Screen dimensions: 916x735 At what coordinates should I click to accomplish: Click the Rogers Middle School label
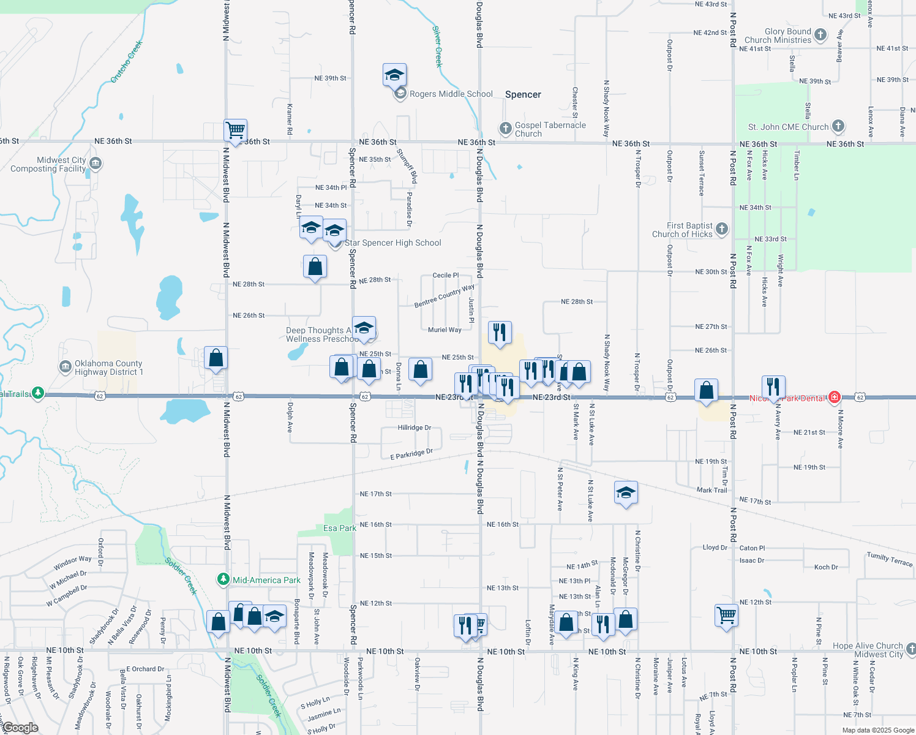(x=451, y=94)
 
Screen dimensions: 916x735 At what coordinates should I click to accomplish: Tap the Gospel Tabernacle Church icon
(x=505, y=128)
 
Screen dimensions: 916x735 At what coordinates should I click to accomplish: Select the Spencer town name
(x=523, y=95)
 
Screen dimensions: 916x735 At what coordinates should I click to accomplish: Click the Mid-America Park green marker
(x=224, y=579)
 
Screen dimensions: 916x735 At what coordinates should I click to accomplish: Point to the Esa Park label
(x=339, y=528)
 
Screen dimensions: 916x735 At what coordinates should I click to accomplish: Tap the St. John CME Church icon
(x=838, y=126)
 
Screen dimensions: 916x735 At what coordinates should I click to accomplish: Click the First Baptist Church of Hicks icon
(x=722, y=229)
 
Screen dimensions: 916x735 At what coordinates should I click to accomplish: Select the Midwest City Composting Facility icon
(x=95, y=164)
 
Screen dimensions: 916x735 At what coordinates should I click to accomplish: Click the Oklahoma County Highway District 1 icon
(x=66, y=367)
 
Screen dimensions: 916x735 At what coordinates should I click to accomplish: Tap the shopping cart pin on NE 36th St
(x=236, y=130)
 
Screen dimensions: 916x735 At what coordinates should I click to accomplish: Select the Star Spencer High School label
(x=392, y=243)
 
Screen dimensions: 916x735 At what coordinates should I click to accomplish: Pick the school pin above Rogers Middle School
(x=394, y=75)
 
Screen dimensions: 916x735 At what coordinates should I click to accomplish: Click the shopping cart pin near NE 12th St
(x=726, y=614)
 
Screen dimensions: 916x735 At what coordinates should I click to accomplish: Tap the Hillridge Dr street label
(x=414, y=428)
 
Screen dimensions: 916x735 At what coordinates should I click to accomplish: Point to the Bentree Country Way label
(x=444, y=296)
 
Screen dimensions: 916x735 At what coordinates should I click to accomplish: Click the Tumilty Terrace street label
(x=889, y=559)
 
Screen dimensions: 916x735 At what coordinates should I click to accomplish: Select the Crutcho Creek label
(x=127, y=62)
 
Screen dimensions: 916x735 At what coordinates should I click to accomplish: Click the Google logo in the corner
(x=20, y=728)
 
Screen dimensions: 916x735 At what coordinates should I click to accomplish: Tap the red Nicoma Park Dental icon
(x=834, y=397)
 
